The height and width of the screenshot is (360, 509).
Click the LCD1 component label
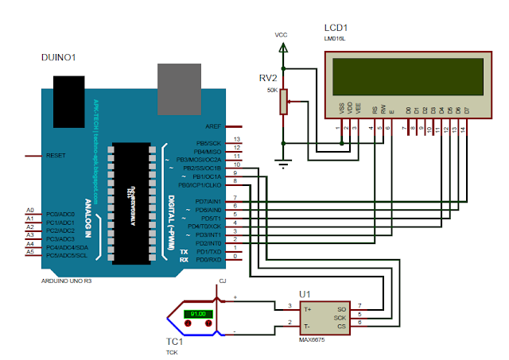[x=336, y=28]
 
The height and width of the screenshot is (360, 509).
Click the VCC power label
[x=281, y=35]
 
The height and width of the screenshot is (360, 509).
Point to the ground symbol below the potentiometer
[x=281, y=165]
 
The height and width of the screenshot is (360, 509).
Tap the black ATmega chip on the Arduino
[x=127, y=202]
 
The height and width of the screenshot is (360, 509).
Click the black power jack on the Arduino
[x=70, y=94]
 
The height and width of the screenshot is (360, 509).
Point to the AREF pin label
[x=213, y=126]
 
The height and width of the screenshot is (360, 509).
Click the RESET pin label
[x=56, y=156]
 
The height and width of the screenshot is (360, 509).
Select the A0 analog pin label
[x=30, y=211]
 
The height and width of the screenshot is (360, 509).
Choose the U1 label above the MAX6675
[x=304, y=295]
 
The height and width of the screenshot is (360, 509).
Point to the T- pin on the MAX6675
[x=306, y=326]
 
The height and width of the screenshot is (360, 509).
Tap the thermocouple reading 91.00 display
[x=198, y=314]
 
